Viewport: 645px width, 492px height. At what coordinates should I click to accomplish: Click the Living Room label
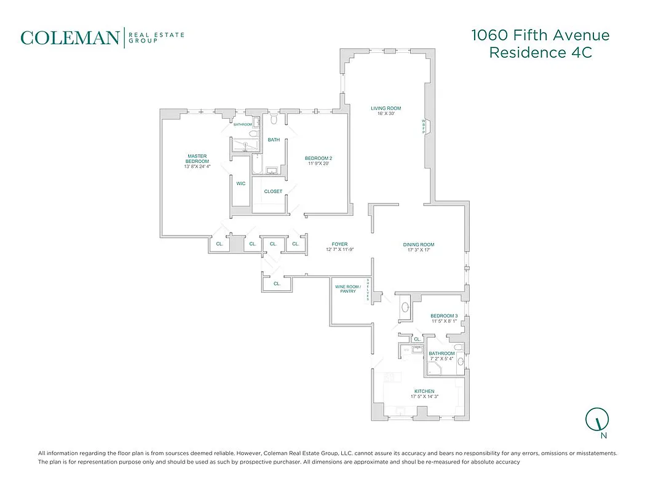386,108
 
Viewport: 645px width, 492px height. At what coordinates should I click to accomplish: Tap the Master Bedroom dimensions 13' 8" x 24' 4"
197,167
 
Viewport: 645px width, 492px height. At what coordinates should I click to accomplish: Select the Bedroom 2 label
318,158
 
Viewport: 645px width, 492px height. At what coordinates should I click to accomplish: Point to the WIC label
241,183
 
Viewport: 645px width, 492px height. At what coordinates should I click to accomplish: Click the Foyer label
340,244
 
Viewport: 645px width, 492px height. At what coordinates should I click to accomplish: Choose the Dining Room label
419,245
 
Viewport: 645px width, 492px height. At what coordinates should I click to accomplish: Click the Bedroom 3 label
444,315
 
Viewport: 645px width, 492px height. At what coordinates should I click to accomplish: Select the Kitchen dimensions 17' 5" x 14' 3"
424,397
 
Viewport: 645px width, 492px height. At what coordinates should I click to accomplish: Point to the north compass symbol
597,421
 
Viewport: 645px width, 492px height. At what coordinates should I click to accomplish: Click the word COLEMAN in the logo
69,38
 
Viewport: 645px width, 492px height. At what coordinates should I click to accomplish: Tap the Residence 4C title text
540,53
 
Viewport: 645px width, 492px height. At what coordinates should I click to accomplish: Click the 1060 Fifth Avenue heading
540,35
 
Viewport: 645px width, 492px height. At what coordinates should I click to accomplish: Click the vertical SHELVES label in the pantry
368,289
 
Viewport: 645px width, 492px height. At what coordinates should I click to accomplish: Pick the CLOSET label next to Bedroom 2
273,191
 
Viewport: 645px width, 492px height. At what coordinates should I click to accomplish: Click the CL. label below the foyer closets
277,284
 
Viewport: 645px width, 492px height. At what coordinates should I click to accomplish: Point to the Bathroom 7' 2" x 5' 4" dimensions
441,359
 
